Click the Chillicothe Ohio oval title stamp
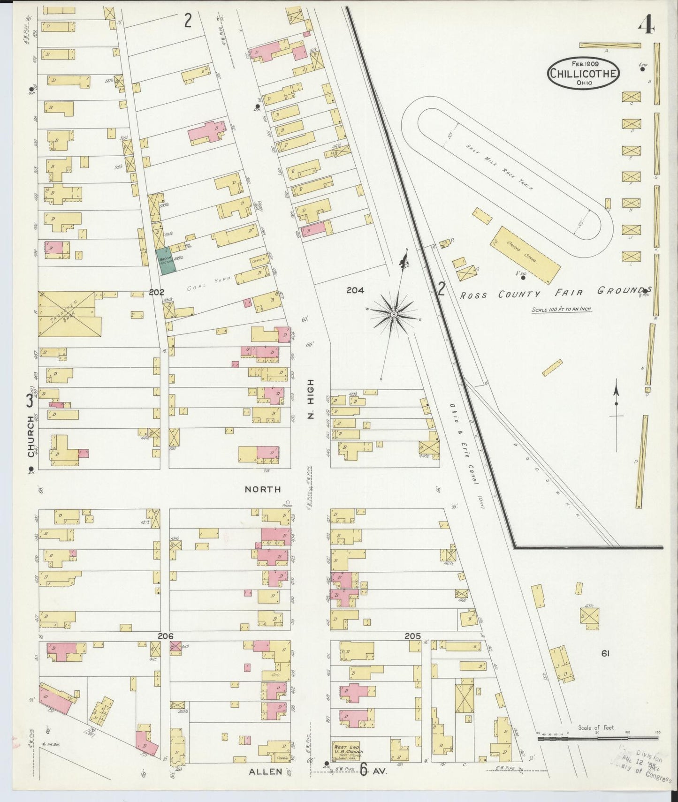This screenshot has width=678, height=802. (x=583, y=73)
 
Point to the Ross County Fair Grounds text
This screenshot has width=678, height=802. (x=554, y=294)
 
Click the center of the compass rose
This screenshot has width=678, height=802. (x=394, y=314)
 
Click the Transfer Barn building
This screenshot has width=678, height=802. (x=69, y=314)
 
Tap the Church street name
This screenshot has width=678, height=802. (x=31, y=436)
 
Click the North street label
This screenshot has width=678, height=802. (x=263, y=489)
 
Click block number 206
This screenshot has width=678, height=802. (x=166, y=636)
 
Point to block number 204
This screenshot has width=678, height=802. (x=355, y=290)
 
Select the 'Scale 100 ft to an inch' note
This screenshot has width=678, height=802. (x=561, y=309)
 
